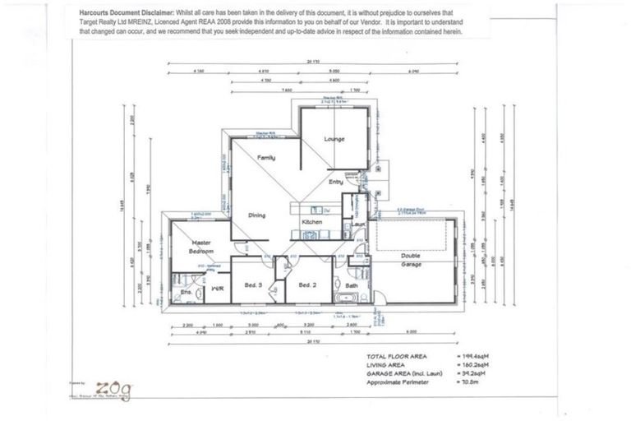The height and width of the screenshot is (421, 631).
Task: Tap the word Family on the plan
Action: click(x=266, y=157)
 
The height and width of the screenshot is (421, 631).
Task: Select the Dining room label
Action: click(x=258, y=215)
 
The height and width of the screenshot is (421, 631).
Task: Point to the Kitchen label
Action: click(x=311, y=223)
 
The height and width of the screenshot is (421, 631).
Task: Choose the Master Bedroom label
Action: click(x=202, y=247)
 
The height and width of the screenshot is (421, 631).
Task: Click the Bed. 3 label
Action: click(x=253, y=285)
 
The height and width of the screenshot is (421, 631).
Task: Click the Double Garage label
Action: click(x=412, y=259)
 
